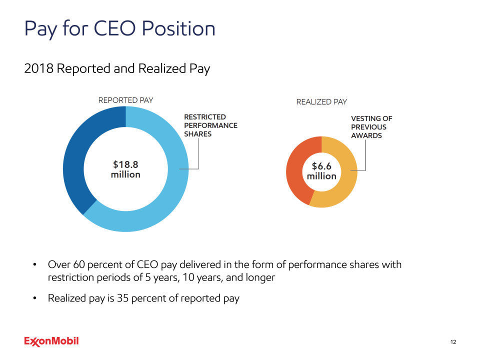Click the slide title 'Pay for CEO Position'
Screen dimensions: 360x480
pos(119,28)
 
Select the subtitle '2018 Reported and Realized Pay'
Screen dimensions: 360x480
pos(117,68)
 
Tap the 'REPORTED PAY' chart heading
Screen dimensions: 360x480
pos(125,100)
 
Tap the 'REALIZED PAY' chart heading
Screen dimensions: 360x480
pos(321,102)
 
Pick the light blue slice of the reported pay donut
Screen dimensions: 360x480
pos(165,200)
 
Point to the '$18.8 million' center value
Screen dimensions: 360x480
pos(125,169)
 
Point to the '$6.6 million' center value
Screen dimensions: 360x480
pos(321,171)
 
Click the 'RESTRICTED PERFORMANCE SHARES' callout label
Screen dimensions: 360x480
pos(210,125)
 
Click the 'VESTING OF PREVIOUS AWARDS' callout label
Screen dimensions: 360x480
pos(371,127)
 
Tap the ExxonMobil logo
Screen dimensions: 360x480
pos(51,341)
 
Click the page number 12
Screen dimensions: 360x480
pos(453,342)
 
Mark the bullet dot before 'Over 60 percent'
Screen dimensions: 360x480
pos(34,264)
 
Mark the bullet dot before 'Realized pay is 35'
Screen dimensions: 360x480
pos(34,299)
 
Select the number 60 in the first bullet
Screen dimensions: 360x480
pos(79,264)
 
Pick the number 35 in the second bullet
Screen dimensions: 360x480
pos(122,299)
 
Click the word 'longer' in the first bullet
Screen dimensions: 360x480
pos(258,277)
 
